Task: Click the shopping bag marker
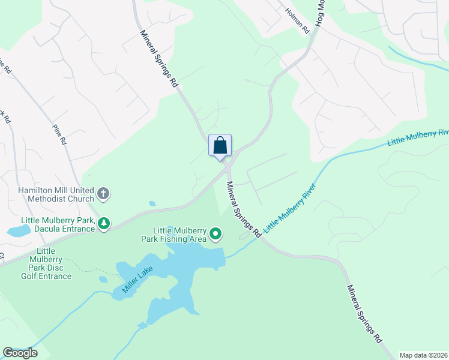pyautogui.click(x=220, y=145)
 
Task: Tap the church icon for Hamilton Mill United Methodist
pyautogui.click(x=103, y=193)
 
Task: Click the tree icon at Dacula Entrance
pyautogui.click(x=104, y=224)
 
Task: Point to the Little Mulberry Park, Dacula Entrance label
pyautogui.click(x=58, y=224)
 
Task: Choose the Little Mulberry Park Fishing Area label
pyautogui.click(x=179, y=234)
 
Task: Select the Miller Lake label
pyautogui.click(x=137, y=280)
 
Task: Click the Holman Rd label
pyautogui.click(x=297, y=20)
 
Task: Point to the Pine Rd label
pyautogui.click(x=59, y=135)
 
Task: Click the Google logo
pyautogui.click(x=20, y=352)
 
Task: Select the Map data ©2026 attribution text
pyautogui.click(x=423, y=355)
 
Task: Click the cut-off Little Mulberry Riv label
pyautogui.click(x=418, y=137)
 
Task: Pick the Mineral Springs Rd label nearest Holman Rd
pyautogui.click(x=160, y=59)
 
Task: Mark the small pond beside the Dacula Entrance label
pyautogui.click(x=17, y=230)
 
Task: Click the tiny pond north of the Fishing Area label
pyautogui.click(x=152, y=203)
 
